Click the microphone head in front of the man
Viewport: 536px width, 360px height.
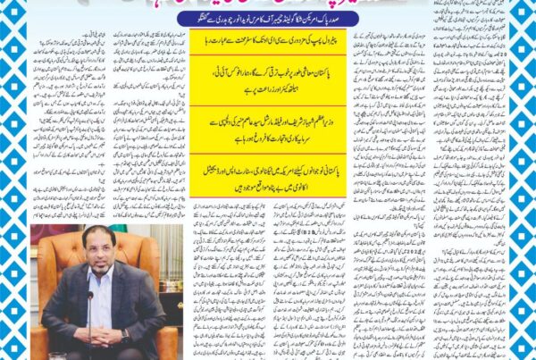click(x=90, y=295)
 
